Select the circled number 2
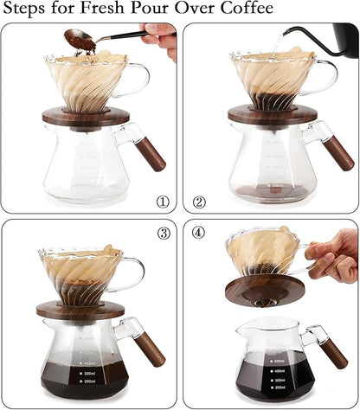pos(199,202)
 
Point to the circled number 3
pos(162,232)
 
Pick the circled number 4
pos(199,232)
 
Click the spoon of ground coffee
pos(87,38)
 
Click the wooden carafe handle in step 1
pos(153,155)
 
